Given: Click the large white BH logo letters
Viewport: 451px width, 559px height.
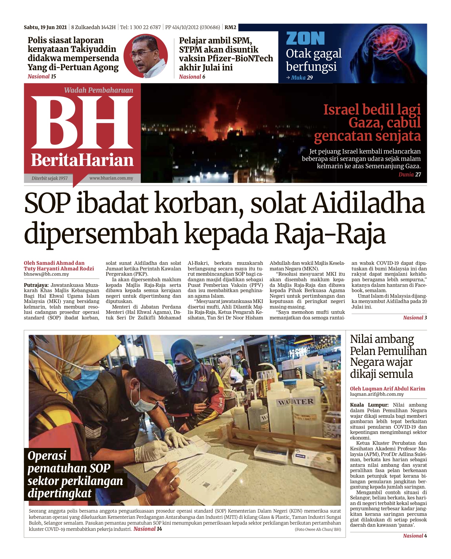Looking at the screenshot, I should pyautogui.click(x=82, y=122).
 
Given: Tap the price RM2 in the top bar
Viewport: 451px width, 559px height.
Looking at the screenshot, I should pyautogui.click(x=230, y=27).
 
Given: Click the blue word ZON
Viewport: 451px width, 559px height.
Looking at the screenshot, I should pyautogui.click(x=305, y=38).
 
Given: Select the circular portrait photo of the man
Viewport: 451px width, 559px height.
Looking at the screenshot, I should pyautogui.click(x=146, y=56).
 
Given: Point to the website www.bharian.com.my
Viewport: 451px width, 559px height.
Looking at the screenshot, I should pyautogui.click(x=111, y=178).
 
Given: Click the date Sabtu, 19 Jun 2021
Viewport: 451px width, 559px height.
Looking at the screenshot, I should pyautogui.click(x=45, y=27).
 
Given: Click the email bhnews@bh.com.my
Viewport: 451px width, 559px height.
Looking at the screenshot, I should pyautogui.click(x=46, y=274).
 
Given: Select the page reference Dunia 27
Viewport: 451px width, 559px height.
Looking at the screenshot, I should pyautogui.click(x=410, y=175).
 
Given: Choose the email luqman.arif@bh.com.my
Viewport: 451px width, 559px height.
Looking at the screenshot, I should pyautogui.click(x=377, y=394).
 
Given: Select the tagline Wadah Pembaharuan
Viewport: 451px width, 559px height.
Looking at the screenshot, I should pyautogui.click(x=99, y=90).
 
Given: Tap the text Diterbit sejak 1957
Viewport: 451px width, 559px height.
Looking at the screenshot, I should pyautogui.click(x=50, y=178).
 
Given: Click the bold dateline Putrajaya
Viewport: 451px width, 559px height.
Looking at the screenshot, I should pyautogui.click(x=36, y=285).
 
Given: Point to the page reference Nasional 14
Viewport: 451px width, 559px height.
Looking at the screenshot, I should pyautogui.click(x=148, y=529).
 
